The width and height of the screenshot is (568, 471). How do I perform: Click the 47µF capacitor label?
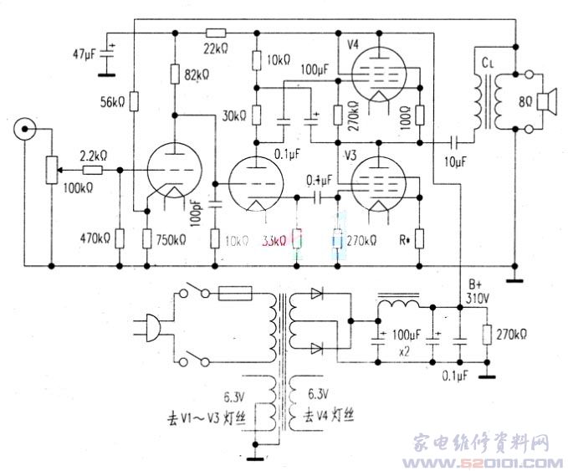[x=87, y=55]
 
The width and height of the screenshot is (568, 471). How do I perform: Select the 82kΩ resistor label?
[x=197, y=75]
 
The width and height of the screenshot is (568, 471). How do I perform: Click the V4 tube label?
[x=352, y=41]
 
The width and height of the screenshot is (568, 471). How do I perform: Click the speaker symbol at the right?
[x=546, y=102]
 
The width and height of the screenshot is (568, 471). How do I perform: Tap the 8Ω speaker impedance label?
[x=525, y=104]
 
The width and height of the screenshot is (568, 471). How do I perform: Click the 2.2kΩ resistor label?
[x=92, y=156]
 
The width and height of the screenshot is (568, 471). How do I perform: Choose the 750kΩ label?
[x=171, y=240]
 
